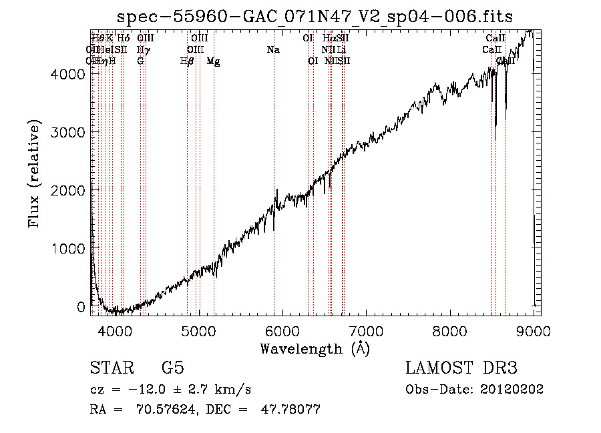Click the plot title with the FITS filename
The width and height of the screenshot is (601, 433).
[315, 17]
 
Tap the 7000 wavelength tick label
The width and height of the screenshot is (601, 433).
[366, 330]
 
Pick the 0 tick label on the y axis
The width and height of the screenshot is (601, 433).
[80, 307]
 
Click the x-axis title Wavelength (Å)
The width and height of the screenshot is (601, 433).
[315, 348]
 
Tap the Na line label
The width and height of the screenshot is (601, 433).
[272, 50]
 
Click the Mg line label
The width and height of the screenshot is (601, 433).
[214, 61]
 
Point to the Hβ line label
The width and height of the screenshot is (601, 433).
[188, 61]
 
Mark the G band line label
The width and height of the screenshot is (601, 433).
[140, 61]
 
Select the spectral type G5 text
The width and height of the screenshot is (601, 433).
[173, 368]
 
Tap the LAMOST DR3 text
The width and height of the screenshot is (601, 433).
[461, 368]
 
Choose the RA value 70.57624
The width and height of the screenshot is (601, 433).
[164, 410]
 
